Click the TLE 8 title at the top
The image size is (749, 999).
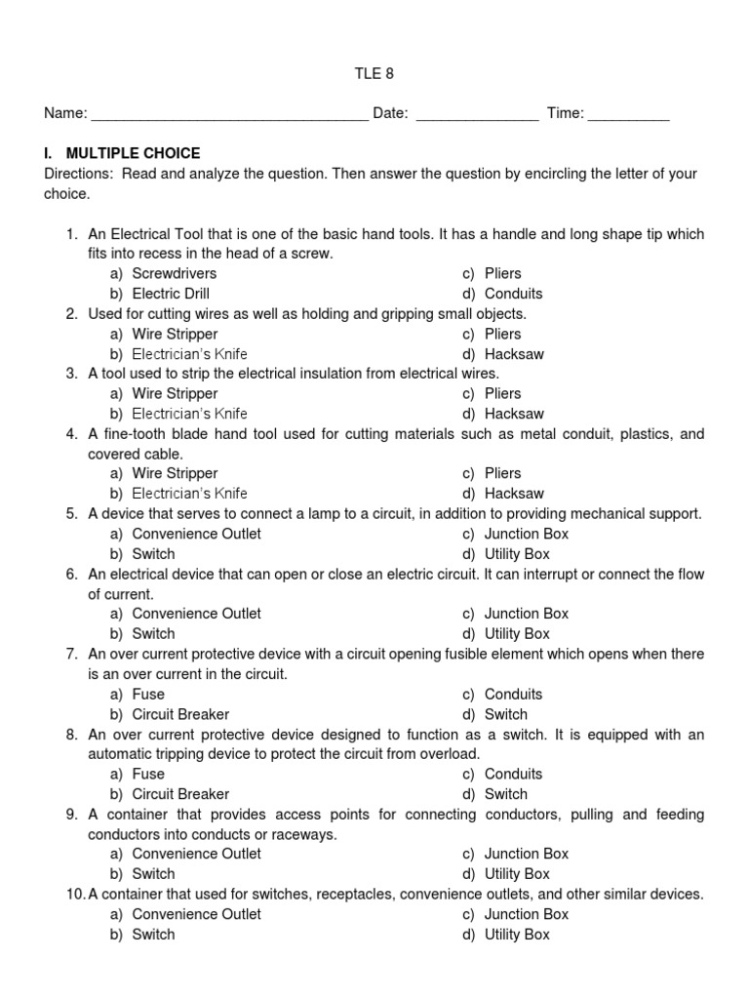pyautogui.click(x=374, y=73)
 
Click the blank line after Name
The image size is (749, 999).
pyautogui.click(x=229, y=115)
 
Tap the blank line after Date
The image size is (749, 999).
pyautogui.click(x=477, y=115)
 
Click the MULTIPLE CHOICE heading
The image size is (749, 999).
pyautogui.click(x=133, y=153)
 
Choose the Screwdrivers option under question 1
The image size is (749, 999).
pyautogui.click(x=174, y=273)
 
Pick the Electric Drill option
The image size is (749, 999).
pyautogui.click(x=171, y=294)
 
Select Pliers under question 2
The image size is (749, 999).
pyautogui.click(x=503, y=334)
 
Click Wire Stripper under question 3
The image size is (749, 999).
pyautogui.click(x=175, y=393)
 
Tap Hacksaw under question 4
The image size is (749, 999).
pyautogui.click(x=514, y=494)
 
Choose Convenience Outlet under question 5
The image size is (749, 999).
pyautogui.click(x=196, y=534)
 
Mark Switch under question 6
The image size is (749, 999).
pyautogui.click(x=153, y=633)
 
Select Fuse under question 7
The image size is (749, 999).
pyautogui.click(x=148, y=694)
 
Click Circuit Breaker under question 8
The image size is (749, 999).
pyautogui.click(x=180, y=794)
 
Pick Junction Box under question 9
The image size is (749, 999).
pyautogui.click(x=526, y=854)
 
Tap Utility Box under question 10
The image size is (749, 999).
pyautogui.click(x=517, y=934)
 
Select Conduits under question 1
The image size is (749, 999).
pyautogui.click(x=513, y=294)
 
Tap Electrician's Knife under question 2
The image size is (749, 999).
pyautogui.click(x=189, y=354)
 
